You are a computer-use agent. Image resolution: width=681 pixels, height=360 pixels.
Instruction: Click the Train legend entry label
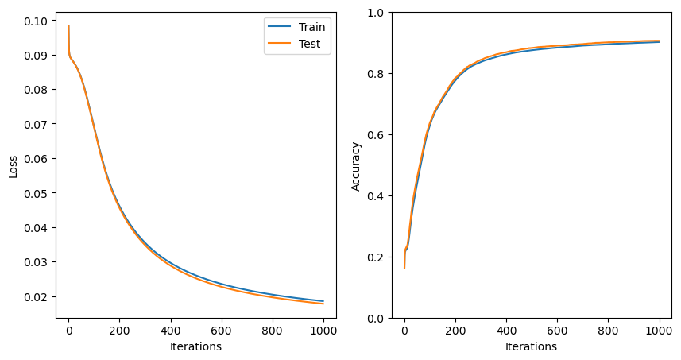311,27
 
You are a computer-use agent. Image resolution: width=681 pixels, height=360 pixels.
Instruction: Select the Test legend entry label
309,45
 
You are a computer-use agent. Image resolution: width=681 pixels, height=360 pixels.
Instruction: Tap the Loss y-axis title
13,165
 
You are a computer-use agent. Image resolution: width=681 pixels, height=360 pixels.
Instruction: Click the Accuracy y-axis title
356,165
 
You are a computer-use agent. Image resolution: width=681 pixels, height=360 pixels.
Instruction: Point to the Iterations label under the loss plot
195,346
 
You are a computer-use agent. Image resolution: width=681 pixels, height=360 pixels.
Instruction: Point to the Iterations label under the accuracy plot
531,346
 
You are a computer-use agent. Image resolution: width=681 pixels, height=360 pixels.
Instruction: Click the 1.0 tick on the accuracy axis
377,13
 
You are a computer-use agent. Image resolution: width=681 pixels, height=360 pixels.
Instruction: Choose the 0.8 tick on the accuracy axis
377,74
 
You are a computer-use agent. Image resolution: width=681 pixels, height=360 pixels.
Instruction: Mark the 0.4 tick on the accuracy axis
377,196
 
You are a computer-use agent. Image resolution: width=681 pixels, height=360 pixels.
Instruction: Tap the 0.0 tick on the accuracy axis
377,318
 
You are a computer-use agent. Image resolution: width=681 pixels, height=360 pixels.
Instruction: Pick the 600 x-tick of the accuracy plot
557,330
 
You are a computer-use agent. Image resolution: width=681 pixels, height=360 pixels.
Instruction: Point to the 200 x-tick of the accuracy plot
455,330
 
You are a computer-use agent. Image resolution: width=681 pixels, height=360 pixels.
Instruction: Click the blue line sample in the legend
279,27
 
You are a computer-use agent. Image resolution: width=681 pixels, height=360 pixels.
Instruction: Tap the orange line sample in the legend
279,45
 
